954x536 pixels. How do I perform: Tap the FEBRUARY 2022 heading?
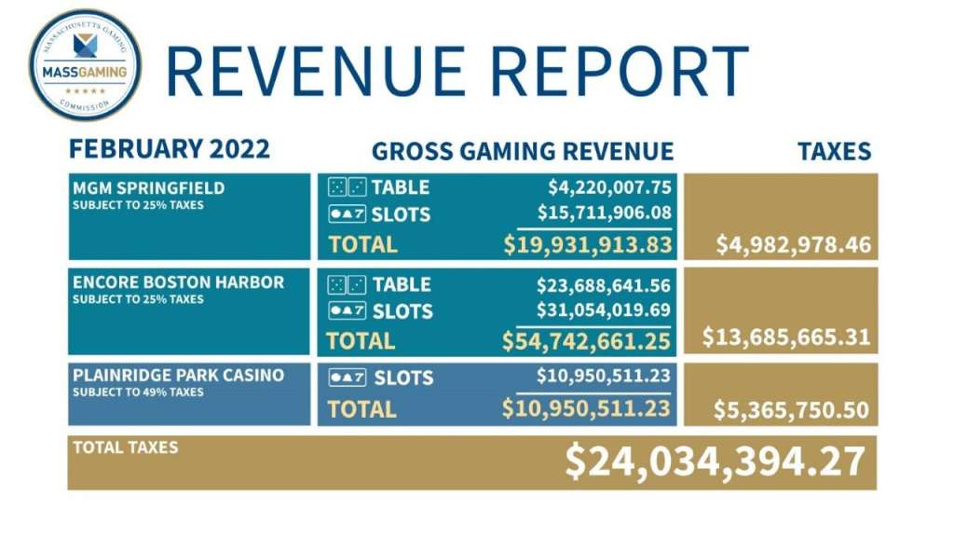click(x=170, y=149)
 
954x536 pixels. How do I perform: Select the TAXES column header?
click(x=834, y=151)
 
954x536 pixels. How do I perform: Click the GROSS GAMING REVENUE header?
click(x=522, y=151)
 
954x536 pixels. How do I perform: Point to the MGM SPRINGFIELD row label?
click(x=149, y=188)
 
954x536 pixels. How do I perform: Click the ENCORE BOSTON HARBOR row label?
click(x=178, y=282)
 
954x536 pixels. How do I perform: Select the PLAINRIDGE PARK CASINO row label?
click(x=178, y=376)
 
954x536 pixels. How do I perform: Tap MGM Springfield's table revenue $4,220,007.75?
click(x=604, y=187)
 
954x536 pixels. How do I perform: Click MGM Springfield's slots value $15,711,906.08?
click(x=604, y=213)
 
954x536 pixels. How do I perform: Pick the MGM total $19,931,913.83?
click(x=587, y=245)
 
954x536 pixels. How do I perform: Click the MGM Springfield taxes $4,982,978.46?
click(x=793, y=246)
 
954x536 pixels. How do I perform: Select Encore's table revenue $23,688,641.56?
click(x=604, y=284)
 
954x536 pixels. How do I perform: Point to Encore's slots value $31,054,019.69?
click(x=604, y=309)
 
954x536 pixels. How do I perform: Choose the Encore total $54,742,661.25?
click(x=587, y=341)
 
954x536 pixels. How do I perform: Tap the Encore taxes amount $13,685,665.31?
click(x=786, y=337)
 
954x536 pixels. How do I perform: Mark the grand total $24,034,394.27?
click(x=715, y=461)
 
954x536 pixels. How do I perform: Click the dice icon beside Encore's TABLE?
click(x=347, y=284)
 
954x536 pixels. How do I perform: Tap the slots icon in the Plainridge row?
click(x=347, y=378)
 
